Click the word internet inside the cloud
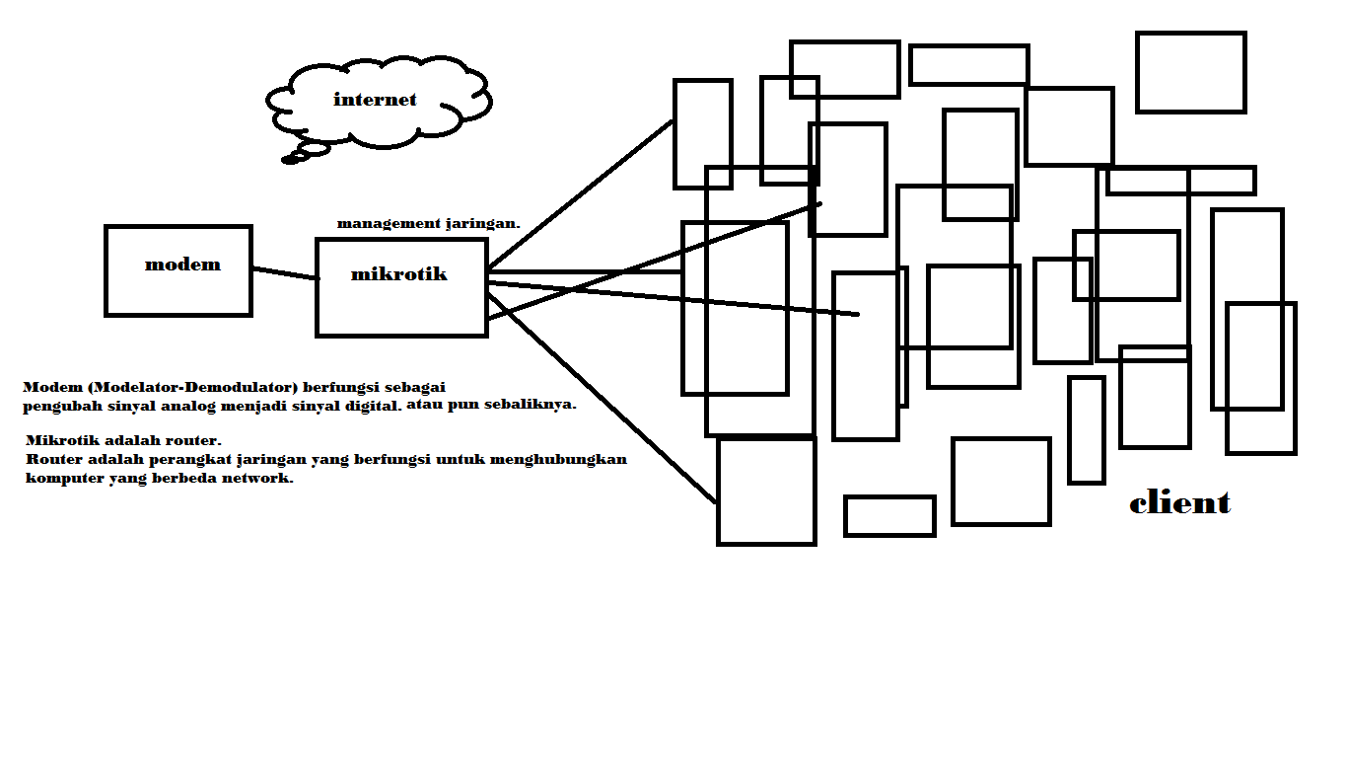pyautogui.click(x=375, y=100)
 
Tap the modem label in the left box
pyautogui.click(x=182, y=265)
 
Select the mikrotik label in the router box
pyautogui.click(x=398, y=274)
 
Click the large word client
pyautogui.click(x=1179, y=502)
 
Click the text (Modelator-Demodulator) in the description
pyautogui.click(x=192, y=387)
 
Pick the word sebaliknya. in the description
pyautogui.click(x=531, y=404)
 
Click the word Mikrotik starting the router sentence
pyautogui.click(x=62, y=440)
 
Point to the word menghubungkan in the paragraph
pyautogui.click(x=558, y=459)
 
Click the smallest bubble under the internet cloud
pyautogui.click(x=290, y=160)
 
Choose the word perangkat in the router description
pyautogui.click(x=190, y=459)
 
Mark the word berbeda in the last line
pyautogui.click(x=184, y=478)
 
